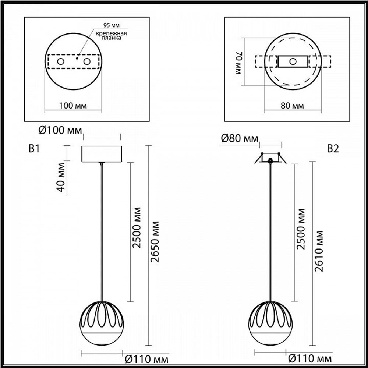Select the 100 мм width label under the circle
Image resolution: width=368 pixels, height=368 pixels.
pos(73,106)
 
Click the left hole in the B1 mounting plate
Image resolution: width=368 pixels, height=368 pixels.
pos(61,61)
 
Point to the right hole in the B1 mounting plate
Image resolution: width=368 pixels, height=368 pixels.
pos(87,61)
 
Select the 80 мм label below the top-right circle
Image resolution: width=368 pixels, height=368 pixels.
pos(292,106)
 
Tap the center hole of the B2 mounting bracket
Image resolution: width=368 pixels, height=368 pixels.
pos(293,61)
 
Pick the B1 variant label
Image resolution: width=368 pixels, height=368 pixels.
pos(34,149)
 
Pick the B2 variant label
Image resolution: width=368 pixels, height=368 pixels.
pos(333,149)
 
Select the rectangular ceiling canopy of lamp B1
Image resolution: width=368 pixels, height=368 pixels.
pos(101,154)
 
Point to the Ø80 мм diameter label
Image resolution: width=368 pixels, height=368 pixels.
pos(240,139)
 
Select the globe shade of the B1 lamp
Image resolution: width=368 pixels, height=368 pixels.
pos(101,324)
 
